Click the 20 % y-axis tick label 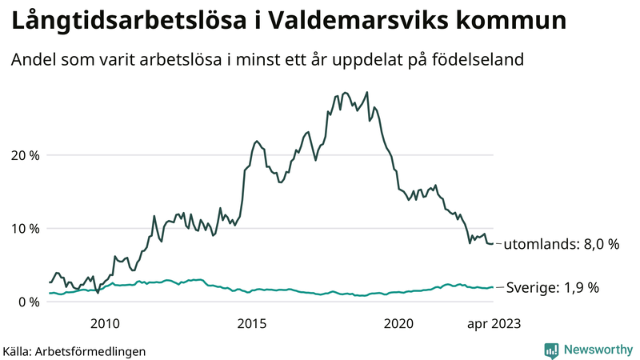click(24, 155)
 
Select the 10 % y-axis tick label click(24, 229)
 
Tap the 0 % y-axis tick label click(27, 302)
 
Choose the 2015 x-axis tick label click(252, 323)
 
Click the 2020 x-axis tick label click(399, 323)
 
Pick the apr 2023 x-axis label click(494, 323)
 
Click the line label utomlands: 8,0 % click(561, 245)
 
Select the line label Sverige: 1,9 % click(553, 288)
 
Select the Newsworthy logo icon click(551, 350)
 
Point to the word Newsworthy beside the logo click(597, 350)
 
